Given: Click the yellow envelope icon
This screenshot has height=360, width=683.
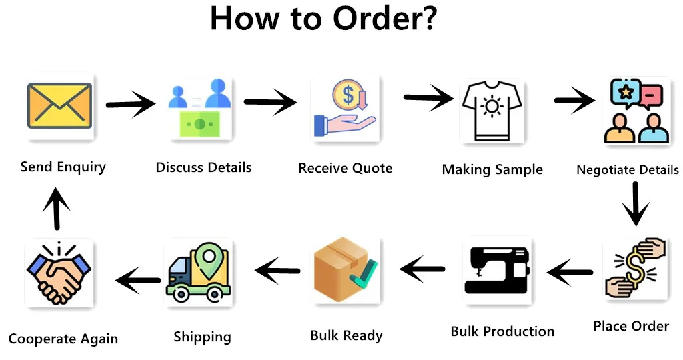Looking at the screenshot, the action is (59, 105).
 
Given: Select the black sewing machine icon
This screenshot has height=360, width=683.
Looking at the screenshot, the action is (497, 271).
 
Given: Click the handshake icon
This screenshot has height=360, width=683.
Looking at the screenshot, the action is (58, 273).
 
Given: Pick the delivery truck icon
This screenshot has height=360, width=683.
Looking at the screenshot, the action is (198, 273).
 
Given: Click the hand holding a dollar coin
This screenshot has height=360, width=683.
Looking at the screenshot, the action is (345, 109).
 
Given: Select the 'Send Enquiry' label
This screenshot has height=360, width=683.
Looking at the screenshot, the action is (63, 167).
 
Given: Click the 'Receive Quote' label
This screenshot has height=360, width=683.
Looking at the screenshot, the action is (345, 168).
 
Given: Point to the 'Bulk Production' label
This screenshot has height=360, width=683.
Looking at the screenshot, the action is (502, 331).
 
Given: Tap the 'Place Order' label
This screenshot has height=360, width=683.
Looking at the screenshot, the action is (630, 326).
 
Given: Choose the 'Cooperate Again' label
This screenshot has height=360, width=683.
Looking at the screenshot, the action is (63, 339).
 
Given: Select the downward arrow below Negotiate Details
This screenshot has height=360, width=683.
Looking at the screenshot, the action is (634, 203).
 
